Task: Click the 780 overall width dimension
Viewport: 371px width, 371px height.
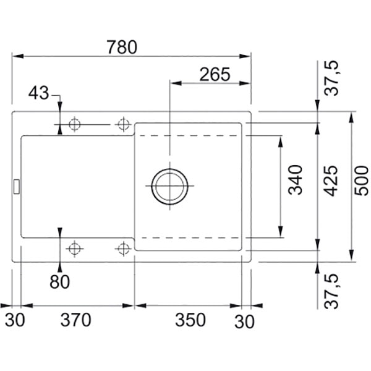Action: coord(122,47)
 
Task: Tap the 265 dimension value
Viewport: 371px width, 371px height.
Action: coord(215,74)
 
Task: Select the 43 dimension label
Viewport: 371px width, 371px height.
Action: coord(38,93)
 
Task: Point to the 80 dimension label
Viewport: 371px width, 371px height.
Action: coord(59,281)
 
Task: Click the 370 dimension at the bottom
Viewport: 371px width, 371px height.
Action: coord(75,320)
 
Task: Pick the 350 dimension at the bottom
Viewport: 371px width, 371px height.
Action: coord(190,320)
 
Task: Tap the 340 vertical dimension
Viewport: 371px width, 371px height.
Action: coord(296,180)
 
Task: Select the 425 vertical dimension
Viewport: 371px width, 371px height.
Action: coord(331,181)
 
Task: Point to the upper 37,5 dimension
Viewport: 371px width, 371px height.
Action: coord(331,78)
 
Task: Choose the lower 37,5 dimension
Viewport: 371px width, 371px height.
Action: coord(331,291)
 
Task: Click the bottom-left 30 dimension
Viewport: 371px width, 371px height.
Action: coord(15,320)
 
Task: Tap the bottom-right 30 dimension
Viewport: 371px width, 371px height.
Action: coord(244,322)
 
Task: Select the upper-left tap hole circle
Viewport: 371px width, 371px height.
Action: coord(75,124)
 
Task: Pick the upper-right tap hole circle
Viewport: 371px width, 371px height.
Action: coord(124,124)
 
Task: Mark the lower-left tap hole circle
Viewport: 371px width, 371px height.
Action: coord(75,249)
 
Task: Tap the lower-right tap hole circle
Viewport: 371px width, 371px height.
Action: coord(123,249)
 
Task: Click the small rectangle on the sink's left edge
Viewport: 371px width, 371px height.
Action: coord(16,187)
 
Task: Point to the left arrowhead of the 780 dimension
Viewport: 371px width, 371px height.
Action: coord(17,56)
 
